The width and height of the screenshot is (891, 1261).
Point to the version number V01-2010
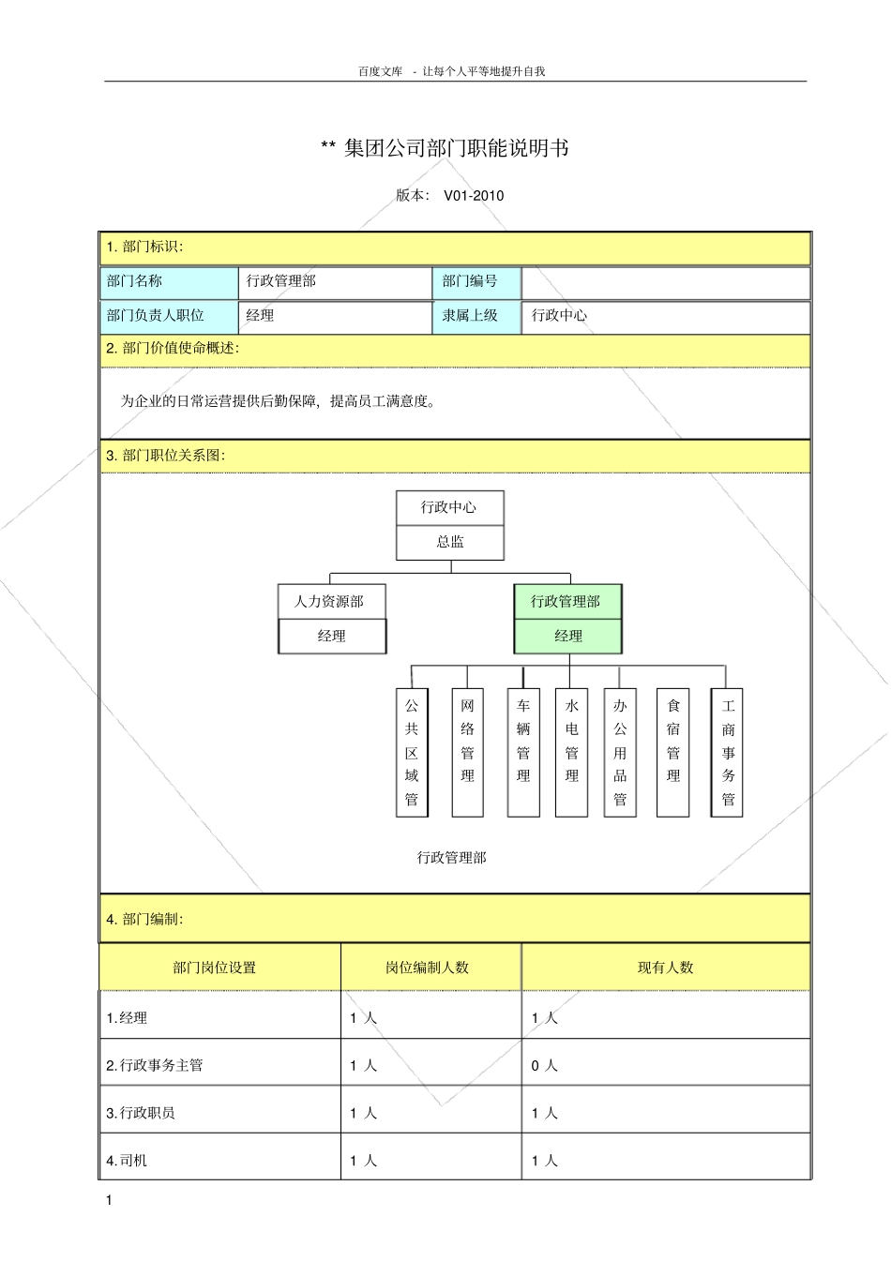tap(474, 196)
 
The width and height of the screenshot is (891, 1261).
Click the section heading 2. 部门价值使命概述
tap(173, 349)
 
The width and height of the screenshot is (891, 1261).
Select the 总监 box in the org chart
tap(450, 542)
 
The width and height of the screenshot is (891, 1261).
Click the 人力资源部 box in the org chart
tap(330, 602)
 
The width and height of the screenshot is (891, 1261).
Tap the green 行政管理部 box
tap(566, 602)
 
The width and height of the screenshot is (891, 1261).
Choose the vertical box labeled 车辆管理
tap(523, 752)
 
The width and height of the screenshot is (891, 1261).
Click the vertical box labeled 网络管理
tap(467, 752)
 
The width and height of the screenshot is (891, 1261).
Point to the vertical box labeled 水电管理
tap(571, 752)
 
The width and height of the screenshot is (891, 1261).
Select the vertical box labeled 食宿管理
tap(673, 752)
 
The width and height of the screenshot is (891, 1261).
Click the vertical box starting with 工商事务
tap(728, 752)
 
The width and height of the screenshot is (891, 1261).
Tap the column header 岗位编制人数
tap(428, 968)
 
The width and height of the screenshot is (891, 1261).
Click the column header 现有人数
tap(665, 968)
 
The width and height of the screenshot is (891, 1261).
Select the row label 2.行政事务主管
tap(155, 1065)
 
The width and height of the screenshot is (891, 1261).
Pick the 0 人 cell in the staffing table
tap(544, 1065)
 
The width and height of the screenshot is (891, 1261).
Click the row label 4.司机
tap(127, 1161)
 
